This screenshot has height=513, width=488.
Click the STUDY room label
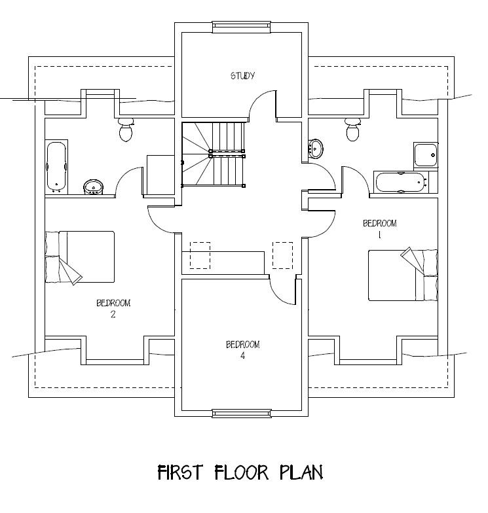click(x=242, y=76)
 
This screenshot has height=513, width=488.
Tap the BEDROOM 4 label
click(x=242, y=349)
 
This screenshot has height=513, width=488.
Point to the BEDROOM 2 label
click(x=113, y=308)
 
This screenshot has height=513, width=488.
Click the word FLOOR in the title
click(x=242, y=472)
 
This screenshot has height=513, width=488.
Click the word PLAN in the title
click(x=301, y=472)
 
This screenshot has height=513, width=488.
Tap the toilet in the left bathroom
click(x=126, y=130)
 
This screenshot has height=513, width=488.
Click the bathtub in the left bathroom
click(x=57, y=166)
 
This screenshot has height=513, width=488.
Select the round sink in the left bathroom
click(x=93, y=187)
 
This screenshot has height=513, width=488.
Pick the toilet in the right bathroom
click(x=352, y=130)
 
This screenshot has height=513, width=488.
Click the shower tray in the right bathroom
click(x=426, y=155)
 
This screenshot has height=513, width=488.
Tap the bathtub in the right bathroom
click(x=400, y=182)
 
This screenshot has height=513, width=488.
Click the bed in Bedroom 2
click(x=80, y=257)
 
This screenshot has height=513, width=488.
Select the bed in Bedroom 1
click(x=404, y=274)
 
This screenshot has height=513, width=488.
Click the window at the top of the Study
click(x=242, y=27)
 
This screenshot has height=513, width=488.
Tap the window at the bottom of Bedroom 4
click(x=242, y=414)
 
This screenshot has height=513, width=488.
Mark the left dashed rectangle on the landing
click(x=200, y=255)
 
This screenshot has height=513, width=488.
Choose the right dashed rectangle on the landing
click(x=283, y=255)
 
